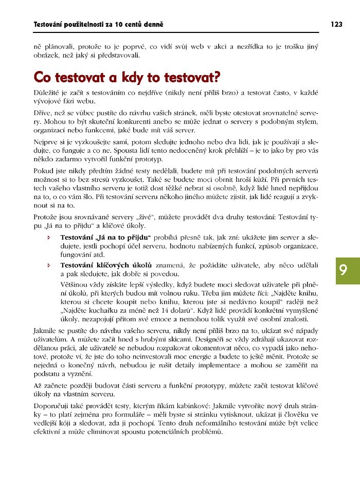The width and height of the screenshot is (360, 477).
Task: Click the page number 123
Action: click(x=336, y=24)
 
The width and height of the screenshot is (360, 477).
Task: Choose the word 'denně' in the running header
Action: click(x=152, y=24)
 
